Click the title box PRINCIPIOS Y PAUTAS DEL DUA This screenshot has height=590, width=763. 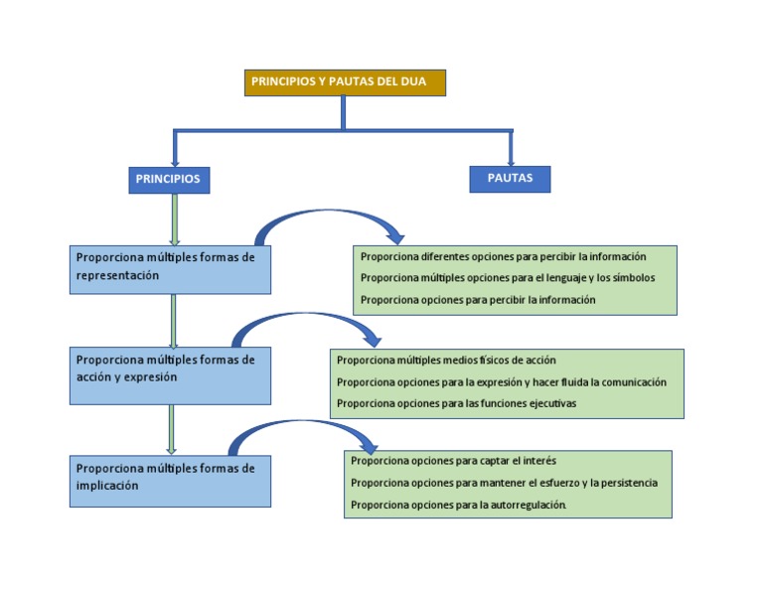click(345, 82)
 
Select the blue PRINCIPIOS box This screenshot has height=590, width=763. click(169, 180)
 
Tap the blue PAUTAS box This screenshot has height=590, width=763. click(510, 179)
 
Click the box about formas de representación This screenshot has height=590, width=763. click(170, 269)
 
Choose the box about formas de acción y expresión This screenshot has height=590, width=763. click(170, 375)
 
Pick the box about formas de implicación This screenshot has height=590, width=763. click(170, 481)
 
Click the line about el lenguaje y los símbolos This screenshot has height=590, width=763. click(508, 278)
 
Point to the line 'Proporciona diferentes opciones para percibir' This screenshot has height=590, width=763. click(503, 256)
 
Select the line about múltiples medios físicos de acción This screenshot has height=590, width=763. click(446, 360)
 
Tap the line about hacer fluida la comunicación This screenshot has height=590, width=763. click(502, 382)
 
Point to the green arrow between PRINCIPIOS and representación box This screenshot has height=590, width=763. click(175, 219)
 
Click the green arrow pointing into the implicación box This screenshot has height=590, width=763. click(171, 429)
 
